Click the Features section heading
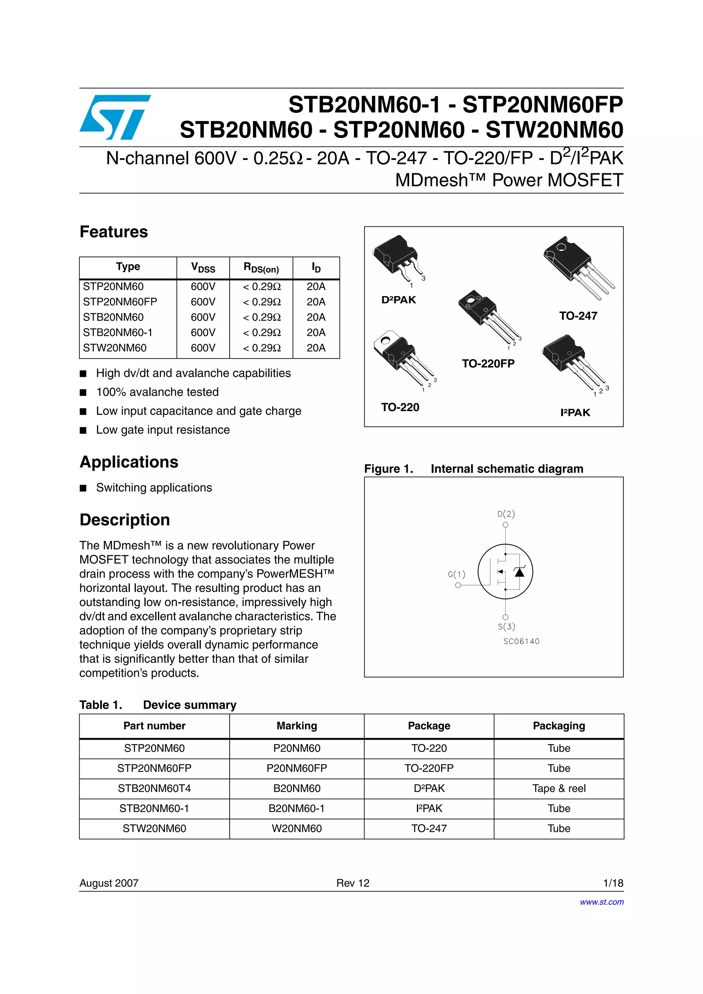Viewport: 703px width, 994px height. [x=114, y=232]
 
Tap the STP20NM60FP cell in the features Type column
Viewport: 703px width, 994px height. [x=120, y=302]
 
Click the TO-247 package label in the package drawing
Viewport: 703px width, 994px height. [x=578, y=316]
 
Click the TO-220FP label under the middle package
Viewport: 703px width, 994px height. [x=488, y=364]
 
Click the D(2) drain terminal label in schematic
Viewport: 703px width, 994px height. [x=506, y=514]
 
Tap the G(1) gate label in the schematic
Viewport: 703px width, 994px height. [x=457, y=575]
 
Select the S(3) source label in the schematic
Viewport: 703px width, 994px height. [x=506, y=626]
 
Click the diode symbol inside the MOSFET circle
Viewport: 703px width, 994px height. [x=519, y=572]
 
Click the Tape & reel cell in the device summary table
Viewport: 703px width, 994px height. [x=559, y=788]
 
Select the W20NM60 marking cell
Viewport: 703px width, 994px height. [x=297, y=829]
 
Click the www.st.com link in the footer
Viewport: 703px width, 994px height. [x=602, y=902]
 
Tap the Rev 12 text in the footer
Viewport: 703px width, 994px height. [x=353, y=883]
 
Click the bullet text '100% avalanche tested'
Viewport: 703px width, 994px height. [x=157, y=392]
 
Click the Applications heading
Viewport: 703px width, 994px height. [x=129, y=462]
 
